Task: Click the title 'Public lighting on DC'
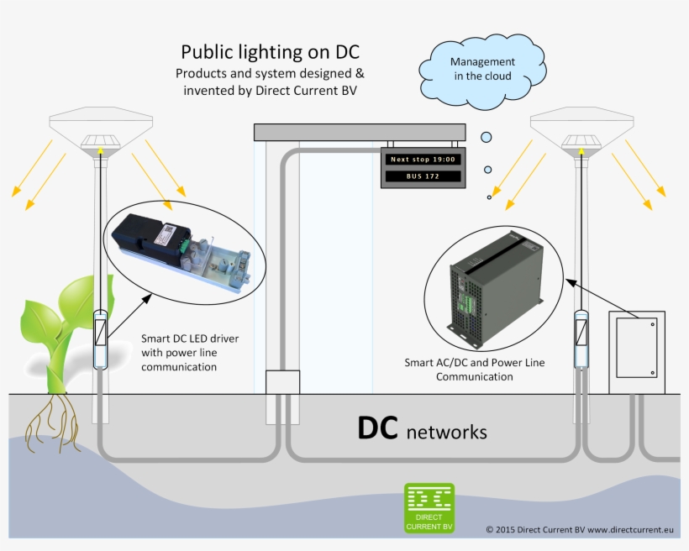[258, 52]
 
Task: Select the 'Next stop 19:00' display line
[423, 159]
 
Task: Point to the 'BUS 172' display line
[423, 176]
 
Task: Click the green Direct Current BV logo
[429, 507]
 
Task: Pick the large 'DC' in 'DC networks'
[377, 428]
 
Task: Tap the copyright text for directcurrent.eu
[580, 530]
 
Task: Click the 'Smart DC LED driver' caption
[190, 338]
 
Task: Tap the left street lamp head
[99, 134]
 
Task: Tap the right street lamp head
[580, 134]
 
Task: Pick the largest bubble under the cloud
[486, 137]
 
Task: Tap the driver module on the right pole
[580, 338]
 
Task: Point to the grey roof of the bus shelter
[360, 132]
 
